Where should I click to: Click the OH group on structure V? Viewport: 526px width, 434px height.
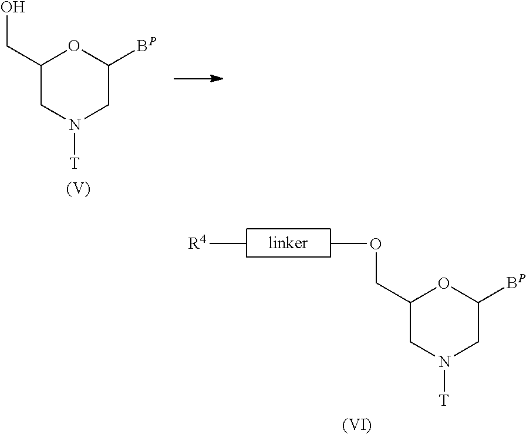pyautogui.click(x=13, y=6)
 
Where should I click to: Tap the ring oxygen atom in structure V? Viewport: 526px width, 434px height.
pyautogui.click(x=74, y=46)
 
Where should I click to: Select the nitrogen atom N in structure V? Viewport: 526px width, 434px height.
pyautogui.click(x=75, y=125)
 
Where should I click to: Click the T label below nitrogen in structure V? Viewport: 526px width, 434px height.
pyautogui.click(x=75, y=163)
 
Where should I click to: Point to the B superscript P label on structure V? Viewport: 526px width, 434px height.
pyautogui.click(x=146, y=45)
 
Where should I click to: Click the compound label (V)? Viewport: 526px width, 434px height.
pyautogui.click(x=78, y=189)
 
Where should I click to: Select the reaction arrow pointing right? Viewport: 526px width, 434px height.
pyautogui.click(x=198, y=79)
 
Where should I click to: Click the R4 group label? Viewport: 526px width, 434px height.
pyautogui.click(x=197, y=242)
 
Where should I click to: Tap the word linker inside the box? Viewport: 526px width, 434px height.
pyautogui.click(x=288, y=242)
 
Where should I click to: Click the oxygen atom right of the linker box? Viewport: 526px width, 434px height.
pyautogui.click(x=375, y=243)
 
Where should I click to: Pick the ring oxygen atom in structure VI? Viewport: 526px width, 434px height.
pyautogui.click(x=443, y=283)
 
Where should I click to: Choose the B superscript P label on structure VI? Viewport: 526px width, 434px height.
pyautogui.click(x=515, y=282)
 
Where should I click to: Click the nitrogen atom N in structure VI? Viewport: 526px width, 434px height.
pyautogui.click(x=444, y=362)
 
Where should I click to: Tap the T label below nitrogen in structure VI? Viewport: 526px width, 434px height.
pyautogui.click(x=444, y=400)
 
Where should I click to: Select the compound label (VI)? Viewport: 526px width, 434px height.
pyautogui.click(x=356, y=425)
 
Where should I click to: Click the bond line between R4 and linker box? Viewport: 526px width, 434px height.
pyautogui.click(x=228, y=243)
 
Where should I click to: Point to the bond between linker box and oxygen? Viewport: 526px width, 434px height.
pyautogui.click(x=349, y=243)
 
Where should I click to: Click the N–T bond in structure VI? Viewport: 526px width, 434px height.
pyautogui.click(x=444, y=381)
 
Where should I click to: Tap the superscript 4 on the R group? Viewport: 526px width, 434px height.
pyautogui.click(x=203, y=239)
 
